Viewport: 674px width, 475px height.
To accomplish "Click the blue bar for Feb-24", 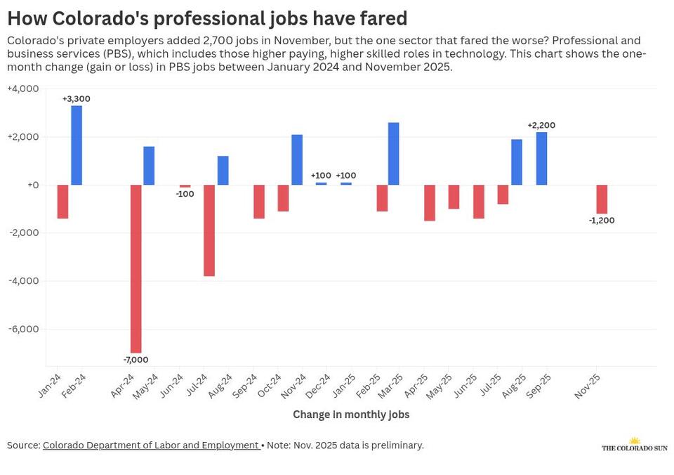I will tap(77, 145).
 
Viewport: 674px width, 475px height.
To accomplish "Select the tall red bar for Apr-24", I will tap(136, 268).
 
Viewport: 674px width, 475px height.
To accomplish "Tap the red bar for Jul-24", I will tap(209, 230).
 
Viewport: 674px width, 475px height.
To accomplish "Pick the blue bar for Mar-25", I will tap(394, 154).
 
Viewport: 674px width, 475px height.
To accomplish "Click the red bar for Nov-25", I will tap(602, 199).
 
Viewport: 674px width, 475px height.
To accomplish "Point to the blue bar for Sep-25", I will tap(541, 159).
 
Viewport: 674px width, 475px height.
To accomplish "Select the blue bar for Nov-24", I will tap(297, 160).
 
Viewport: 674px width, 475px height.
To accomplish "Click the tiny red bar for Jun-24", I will tap(185, 186).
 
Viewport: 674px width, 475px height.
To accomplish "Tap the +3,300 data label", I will tap(77, 99).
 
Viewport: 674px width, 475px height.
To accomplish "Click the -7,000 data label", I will tap(136, 360).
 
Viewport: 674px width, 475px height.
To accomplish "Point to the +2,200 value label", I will tap(541, 126).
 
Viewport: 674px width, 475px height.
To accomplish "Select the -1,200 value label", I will tap(602, 221).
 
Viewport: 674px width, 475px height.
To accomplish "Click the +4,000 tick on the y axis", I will tap(23, 89).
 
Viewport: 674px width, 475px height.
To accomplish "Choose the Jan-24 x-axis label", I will tap(49, 386).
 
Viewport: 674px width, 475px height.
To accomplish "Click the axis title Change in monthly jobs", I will tap(351, 415).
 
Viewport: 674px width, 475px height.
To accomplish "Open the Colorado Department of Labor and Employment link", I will tap(151, 445).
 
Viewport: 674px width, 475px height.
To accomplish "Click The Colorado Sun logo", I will tap(634, 445).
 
